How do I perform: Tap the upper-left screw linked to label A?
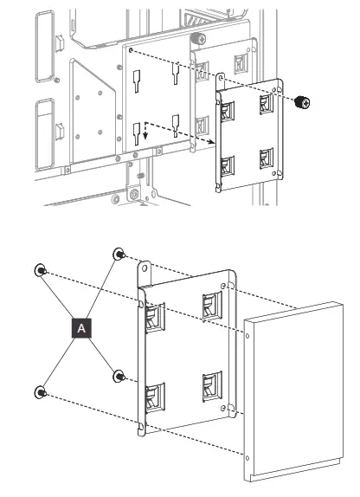click(40, 271)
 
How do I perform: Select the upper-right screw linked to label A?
click(119, 254)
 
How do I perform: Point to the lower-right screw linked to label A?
click(119, 375)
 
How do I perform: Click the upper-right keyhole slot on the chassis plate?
click(174, 75)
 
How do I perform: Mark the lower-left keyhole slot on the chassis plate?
click(137, 132)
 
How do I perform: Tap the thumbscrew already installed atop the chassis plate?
click(197, 38)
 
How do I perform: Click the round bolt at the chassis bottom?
click(132, 193)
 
